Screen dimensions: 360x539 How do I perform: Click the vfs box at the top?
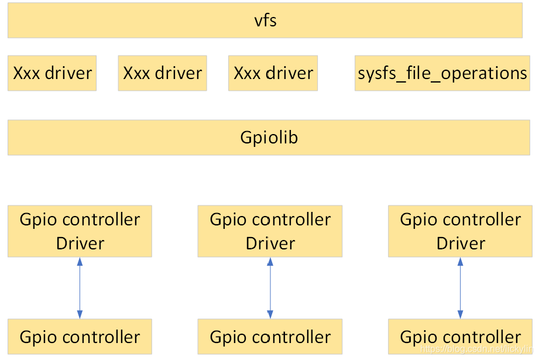tap(265, 20)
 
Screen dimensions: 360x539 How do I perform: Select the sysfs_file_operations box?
tap(442, 73)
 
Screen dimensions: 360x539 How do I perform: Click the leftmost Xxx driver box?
tap(52, 73)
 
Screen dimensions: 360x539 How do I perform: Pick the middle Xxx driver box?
tap(162, 73)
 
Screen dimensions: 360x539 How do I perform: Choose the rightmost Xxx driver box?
tap(273, 73)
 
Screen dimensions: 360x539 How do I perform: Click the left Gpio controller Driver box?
tap(80, 231)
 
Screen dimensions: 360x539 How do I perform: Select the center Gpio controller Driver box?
tap(270, 231)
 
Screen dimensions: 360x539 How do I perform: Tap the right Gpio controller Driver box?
tap(460, 231)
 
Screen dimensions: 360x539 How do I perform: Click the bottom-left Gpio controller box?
tap(80, 337)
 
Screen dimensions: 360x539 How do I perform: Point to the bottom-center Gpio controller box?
tap(270, 337)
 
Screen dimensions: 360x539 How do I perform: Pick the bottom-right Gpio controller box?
tap(460, 337)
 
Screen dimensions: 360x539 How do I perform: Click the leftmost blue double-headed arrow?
tap(80, 288)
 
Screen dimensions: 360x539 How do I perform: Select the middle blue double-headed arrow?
tap(270, 288)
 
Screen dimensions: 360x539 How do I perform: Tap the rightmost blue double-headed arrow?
tap(460, 288)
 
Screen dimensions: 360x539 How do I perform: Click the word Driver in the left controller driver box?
tap(80, 244)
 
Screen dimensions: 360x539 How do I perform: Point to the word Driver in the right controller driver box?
tap(461, 244)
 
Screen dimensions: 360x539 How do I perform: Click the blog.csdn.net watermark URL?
tap(478, 349)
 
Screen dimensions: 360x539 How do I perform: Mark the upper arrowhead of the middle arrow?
tap(270, 262)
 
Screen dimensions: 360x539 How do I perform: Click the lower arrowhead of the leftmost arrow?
tap(80, 315)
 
